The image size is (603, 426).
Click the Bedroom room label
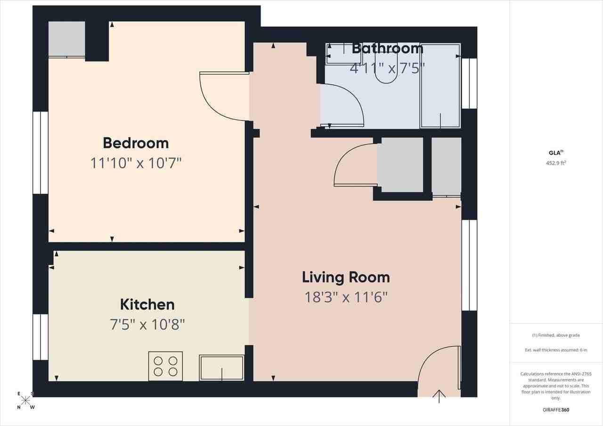coord(136,143)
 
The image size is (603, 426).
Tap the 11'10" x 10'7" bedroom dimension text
coord(136,163)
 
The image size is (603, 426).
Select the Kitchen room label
coord(147,305)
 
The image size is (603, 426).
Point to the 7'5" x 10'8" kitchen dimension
coord(147,324)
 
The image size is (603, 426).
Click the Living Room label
coord(346,277)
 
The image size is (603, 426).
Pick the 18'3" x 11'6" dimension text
coord(346,297)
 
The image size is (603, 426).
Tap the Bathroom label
coord(387,48)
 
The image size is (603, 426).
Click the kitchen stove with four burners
coord(165,366)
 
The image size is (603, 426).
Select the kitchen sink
coord(221,367)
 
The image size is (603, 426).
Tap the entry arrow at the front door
coord(439,396)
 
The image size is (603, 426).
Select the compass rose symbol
coord(25,401)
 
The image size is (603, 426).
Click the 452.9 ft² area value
coord(556,163)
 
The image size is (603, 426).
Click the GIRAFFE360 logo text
coord(556,410)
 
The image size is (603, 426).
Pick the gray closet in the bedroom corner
coord(67,39)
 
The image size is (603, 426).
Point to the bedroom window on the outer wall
coord(41,153)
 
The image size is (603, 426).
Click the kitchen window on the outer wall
coord(41,337)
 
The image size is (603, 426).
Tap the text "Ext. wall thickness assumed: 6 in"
coord(556,350)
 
